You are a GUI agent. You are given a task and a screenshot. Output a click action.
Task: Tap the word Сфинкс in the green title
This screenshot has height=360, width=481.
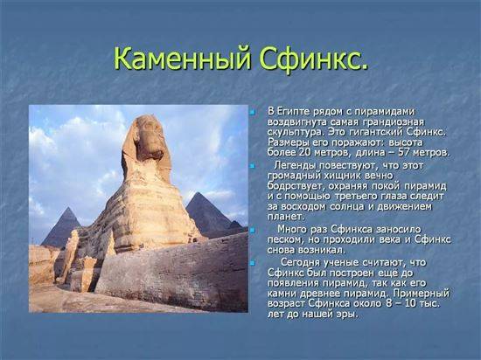pyautogui.click(x=310, y=59)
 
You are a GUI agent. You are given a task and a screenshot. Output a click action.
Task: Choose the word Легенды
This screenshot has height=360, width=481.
pyautogui.click(x=294, y=166)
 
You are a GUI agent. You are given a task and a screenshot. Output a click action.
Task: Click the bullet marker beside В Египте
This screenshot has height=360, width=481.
pyautogui.click(x=252, y=112)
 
